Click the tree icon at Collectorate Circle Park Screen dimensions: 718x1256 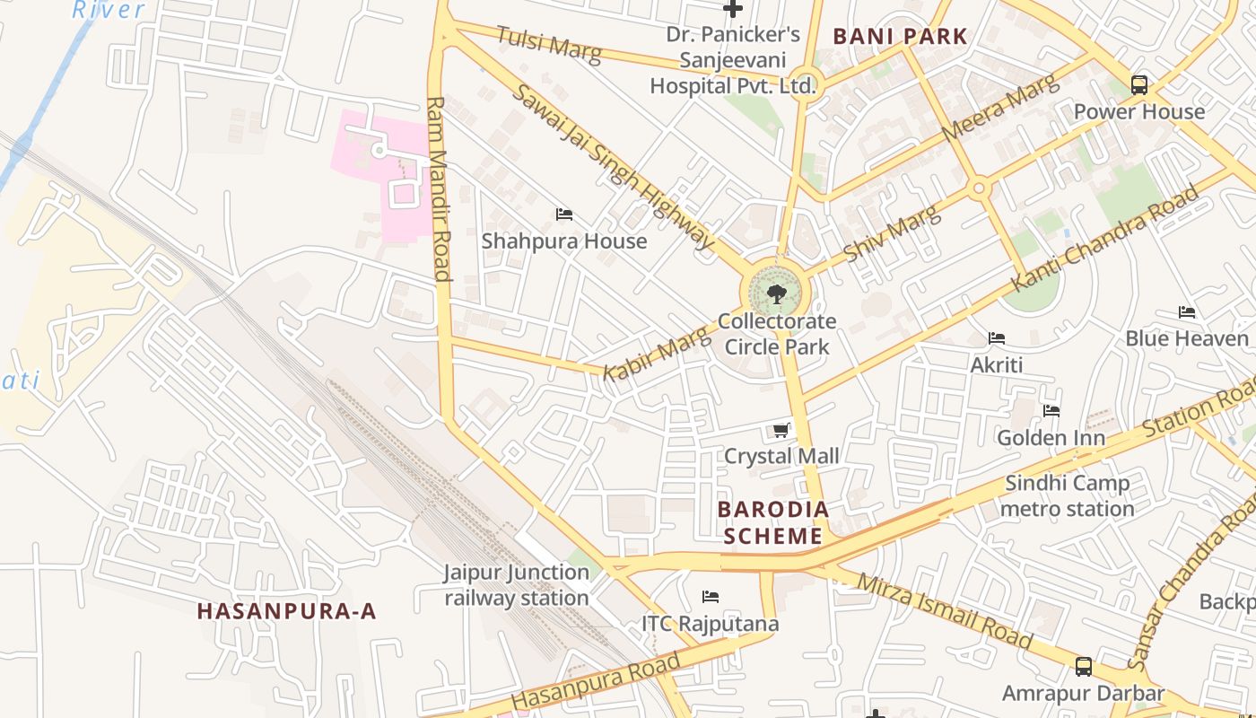[x=777, y=293]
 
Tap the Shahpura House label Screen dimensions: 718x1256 [x=563, y=241]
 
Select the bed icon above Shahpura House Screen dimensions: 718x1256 [x=563, y=215]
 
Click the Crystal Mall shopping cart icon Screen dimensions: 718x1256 [x=781, y=431]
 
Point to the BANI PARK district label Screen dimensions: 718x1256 [x=900, y=37]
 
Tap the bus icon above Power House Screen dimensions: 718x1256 [x=1138, y=85]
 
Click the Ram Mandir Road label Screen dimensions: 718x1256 [x=438, y=188]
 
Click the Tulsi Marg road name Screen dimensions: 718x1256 [x=548, y=44]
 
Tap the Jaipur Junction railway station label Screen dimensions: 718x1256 [x=517, y=585]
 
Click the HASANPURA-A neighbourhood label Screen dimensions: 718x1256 [x=286, y=612]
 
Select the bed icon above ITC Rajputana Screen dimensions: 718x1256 [x=711, y=597]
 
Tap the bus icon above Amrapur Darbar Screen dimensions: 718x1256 [x=1084, y=667]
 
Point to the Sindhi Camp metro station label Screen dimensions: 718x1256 [x=1067, y=496]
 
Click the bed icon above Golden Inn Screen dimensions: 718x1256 [x=1051, y=411]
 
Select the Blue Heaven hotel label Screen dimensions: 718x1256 [x=1187, y=338]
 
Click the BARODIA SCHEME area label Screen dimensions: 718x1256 [x=773, y=523]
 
